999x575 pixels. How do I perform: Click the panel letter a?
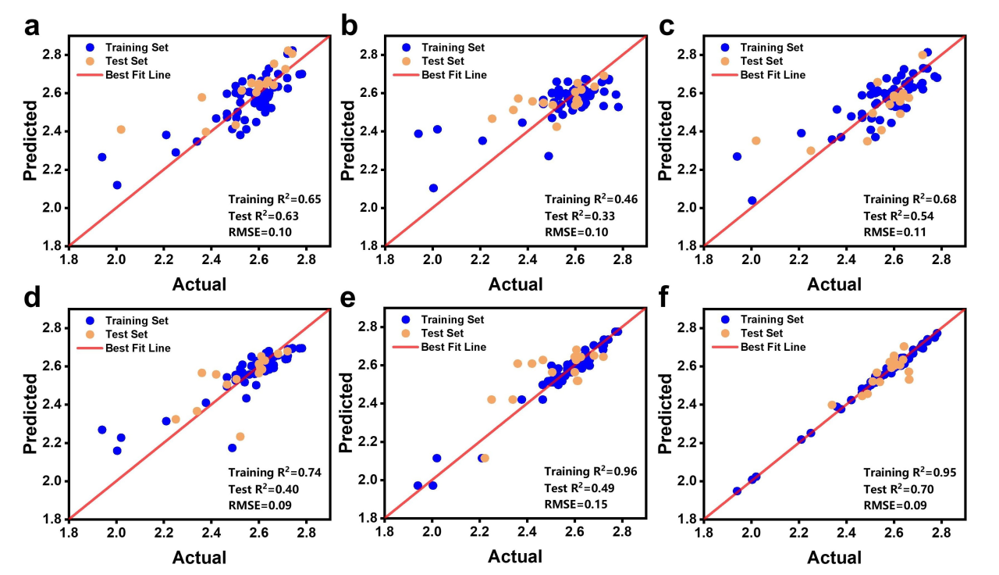(x=31, y=27)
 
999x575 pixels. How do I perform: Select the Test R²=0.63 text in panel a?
(x=264, y=215)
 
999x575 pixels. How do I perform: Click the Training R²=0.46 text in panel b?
(x=580, y=199)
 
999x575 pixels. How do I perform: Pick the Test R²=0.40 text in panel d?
(x=264, y=488)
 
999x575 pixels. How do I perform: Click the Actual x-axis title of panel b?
(x=515, y=284)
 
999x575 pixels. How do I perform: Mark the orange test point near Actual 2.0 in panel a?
(x=121, y=130)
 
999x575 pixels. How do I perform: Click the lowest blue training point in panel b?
(x=433, y=188)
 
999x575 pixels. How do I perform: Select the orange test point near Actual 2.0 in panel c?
(x=755, y=141)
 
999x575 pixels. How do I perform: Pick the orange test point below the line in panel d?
(x=240, y=437)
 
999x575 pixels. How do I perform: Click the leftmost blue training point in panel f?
(x=737, y=491)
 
